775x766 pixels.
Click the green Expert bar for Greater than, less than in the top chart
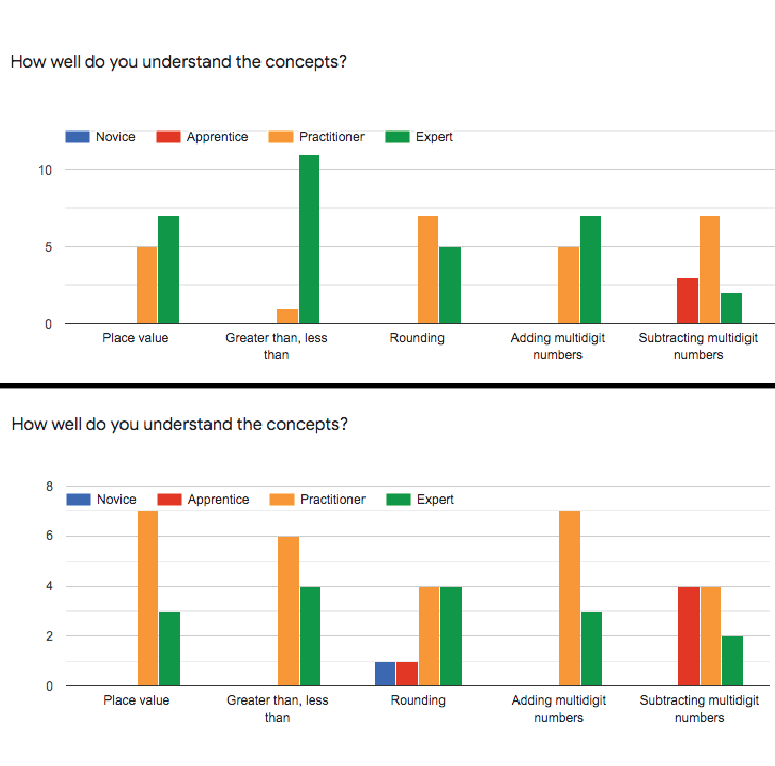[309, 239]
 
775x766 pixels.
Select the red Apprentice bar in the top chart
[688, 301]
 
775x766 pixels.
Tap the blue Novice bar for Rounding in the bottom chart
[385, 674]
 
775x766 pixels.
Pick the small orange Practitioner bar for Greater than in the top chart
[287, 316]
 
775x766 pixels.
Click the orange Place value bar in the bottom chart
[148, 599]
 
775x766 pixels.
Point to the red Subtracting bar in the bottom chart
[689, 636]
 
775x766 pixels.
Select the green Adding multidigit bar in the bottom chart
[592, 649]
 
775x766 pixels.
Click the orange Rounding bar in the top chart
[428, 270]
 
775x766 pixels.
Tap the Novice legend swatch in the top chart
[78, 137]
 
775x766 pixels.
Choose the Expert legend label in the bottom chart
[435, 500]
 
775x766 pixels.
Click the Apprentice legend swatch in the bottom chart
[169, 500]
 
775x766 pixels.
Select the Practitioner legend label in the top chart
[332, 137]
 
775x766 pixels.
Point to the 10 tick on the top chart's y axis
[45, 170]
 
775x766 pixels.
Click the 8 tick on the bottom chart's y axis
[49, 486]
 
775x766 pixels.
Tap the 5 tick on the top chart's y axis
[48, 247]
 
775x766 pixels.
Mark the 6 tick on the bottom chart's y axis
[49, 536]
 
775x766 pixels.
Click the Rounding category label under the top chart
[417, 338]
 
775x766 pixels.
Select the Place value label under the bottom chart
[137, 700]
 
